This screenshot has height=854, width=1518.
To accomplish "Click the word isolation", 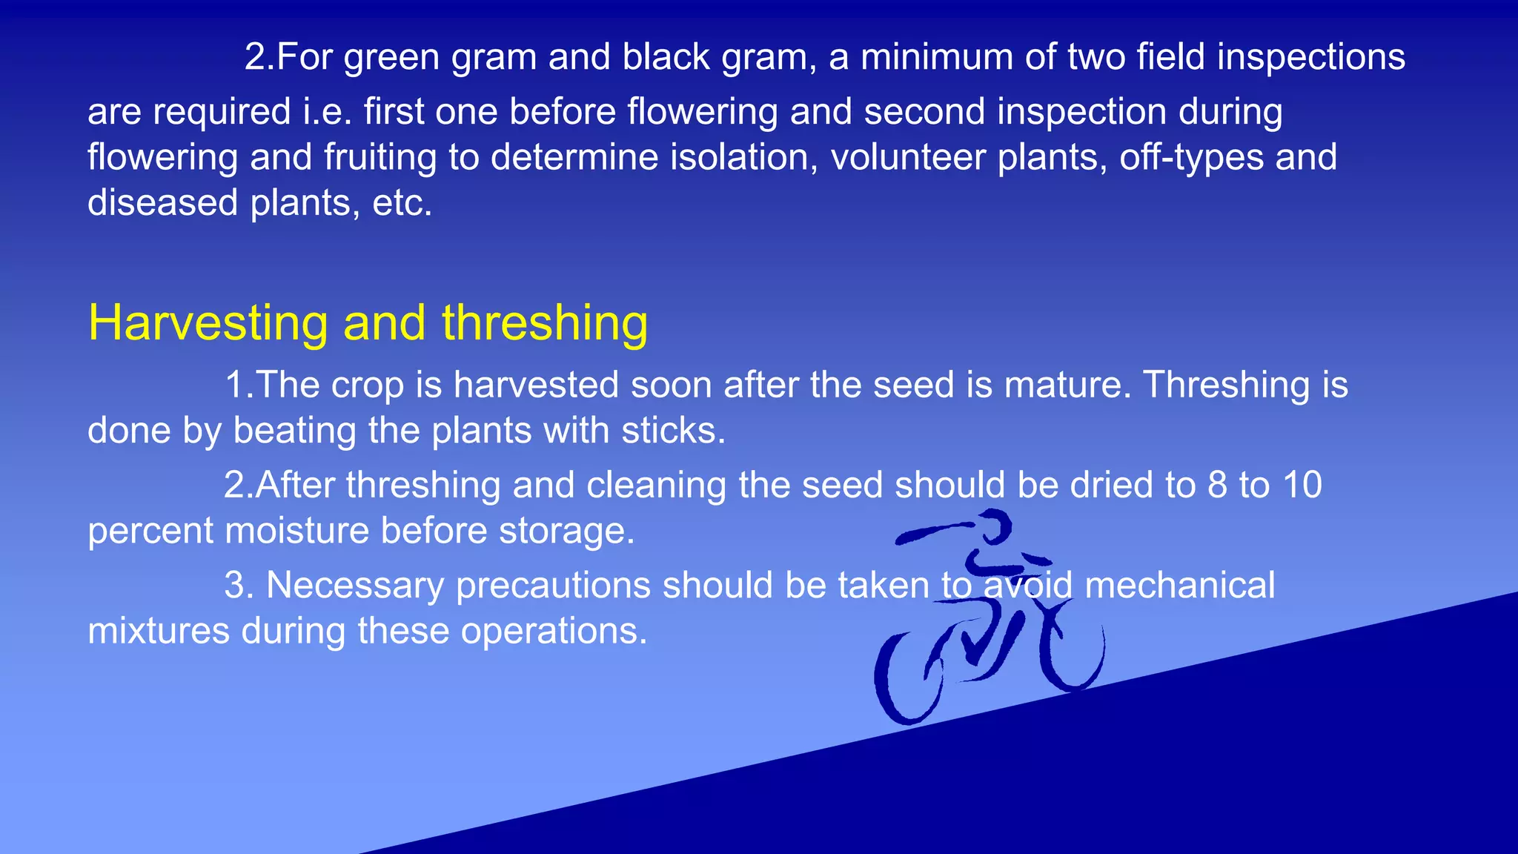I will [x=744, y=158].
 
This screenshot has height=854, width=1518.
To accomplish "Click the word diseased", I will [x=162, y=203].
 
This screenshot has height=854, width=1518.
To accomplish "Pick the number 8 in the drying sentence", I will [x=1217, y=486].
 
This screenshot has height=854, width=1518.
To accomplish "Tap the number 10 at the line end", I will [x=1302, y=486].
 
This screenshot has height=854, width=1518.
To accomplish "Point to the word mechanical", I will [x=1179, y=586].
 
